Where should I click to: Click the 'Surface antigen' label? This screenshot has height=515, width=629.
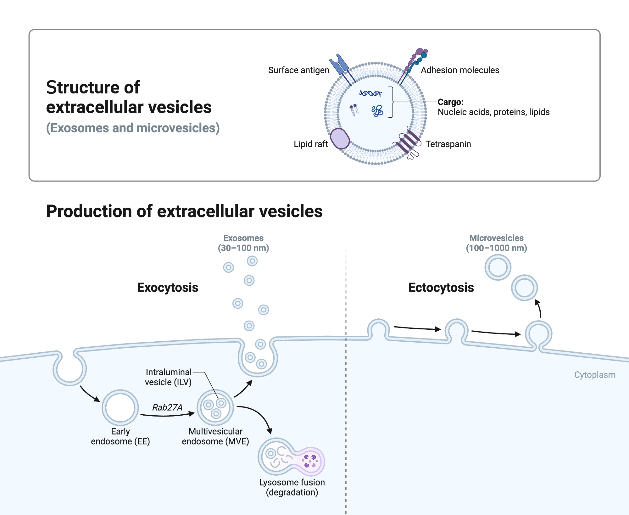coord(298,70)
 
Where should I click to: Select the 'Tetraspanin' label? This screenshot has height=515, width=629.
coord(448,144)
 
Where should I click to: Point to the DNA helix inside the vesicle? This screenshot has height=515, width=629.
coord(370,93)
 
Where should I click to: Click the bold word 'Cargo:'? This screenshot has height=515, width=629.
coord(450,102)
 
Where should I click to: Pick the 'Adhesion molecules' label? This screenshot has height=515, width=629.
coord(460,70)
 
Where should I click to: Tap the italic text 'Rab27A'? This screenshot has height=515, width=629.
coord(167,407)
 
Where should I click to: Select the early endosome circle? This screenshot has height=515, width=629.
coord(120,408)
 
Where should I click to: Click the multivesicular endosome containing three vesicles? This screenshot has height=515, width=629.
coord(215,408)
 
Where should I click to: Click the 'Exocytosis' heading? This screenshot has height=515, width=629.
coord(168,288)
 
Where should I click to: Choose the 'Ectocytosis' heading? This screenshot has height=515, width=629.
coord(441,288)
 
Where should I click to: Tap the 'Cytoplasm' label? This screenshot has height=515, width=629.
coord(594,375)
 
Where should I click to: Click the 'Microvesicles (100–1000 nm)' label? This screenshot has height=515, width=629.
coord(496,243)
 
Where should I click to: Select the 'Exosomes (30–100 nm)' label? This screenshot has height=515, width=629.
coord(243,243)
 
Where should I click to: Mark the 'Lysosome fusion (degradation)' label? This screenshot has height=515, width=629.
coord(292,487)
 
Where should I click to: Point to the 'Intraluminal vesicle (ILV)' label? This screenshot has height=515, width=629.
coord(168,377)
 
